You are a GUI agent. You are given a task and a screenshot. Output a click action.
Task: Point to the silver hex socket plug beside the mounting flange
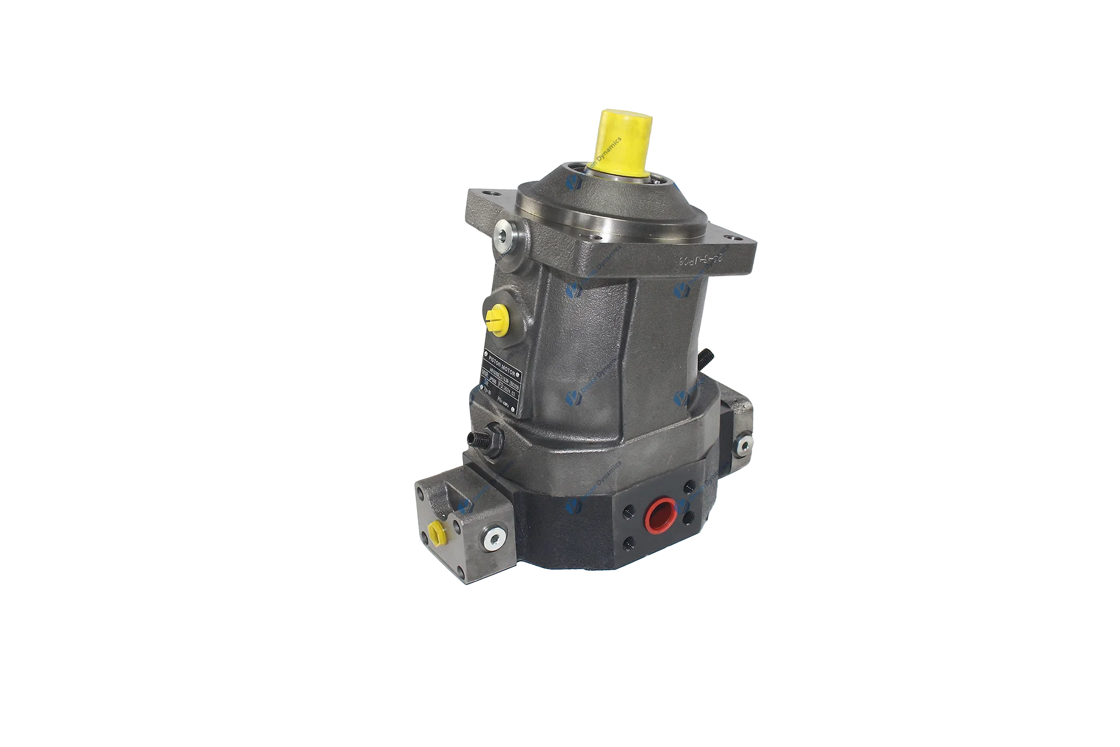[x=503, y=236]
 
